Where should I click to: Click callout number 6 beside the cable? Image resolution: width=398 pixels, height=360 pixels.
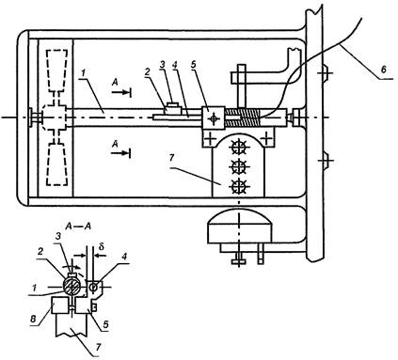383,70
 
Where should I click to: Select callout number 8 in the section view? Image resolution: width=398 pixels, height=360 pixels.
33,318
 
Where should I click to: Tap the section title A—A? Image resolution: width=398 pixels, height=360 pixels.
78,227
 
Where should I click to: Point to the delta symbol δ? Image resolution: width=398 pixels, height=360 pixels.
102,246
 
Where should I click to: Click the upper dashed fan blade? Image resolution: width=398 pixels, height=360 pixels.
56,70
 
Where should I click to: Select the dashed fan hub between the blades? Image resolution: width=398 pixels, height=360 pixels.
54,117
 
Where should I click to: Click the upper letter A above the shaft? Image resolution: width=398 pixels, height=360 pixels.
116,82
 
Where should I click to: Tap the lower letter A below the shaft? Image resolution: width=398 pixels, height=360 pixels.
116,144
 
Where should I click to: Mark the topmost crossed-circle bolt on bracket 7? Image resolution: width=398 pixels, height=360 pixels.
238,148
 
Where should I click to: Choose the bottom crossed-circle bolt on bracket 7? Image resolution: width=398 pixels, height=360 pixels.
238,187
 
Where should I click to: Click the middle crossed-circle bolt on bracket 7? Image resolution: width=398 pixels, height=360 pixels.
238,167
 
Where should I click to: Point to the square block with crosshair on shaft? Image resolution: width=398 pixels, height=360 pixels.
213,117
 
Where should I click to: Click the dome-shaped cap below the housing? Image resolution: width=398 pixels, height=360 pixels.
239,227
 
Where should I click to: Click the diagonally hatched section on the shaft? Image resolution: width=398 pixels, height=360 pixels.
242,117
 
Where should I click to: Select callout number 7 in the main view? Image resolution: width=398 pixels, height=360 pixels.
171,159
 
